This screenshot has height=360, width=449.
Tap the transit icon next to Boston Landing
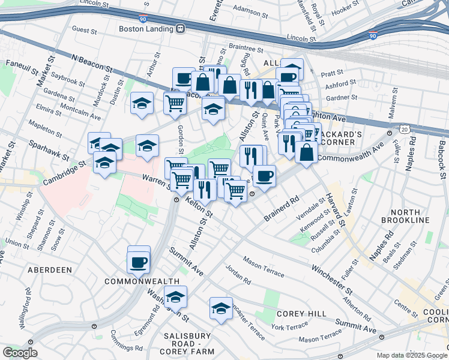coord(180,28)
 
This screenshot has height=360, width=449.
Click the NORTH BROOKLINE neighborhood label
coord(409,217)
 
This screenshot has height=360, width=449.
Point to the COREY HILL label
coord(302,314)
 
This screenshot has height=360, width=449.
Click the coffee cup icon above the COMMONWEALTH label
coord(139,262)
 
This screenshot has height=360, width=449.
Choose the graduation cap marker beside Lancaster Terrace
coord(221,308)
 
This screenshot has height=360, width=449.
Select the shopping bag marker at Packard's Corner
coord(306,152)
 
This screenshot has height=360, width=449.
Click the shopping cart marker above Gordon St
coord(175,103)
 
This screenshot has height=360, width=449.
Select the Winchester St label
coord(332,271)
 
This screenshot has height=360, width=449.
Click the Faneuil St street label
coord(22,63)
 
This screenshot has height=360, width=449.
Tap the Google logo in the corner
coord(20,353)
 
